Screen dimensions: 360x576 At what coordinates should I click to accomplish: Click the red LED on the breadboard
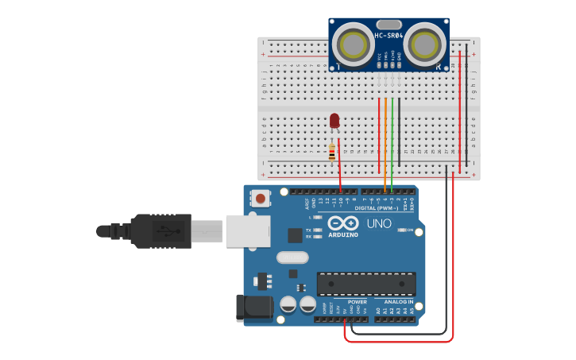click(334, 121)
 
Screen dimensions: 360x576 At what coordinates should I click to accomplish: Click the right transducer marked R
click(425, 45)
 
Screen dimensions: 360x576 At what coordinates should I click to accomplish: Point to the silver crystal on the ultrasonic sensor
click(389, 25)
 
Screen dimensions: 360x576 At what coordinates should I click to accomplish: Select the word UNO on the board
click(379, 223)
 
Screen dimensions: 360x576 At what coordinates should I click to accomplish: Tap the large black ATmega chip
click(366, 284)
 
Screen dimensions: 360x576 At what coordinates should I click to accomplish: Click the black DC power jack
click(253, 308)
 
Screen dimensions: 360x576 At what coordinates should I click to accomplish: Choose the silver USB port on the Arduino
click(248, 230)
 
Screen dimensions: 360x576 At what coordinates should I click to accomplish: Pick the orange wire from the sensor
click(385, 143)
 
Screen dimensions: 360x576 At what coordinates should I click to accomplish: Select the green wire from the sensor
click(392, 143)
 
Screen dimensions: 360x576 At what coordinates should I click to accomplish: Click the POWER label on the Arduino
click(357, 302)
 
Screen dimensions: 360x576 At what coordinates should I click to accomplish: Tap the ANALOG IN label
click(400, 302)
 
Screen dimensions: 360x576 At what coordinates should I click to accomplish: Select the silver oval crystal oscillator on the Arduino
click(292, 257)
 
